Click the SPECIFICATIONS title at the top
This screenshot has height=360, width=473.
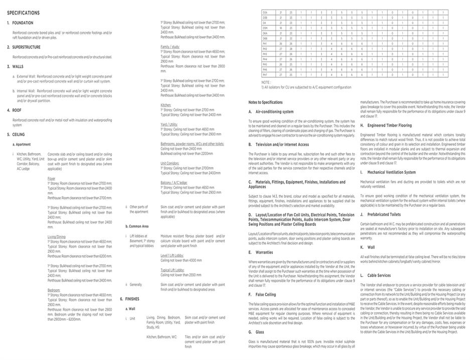(x=24, y=13)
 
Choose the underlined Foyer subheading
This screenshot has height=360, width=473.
(x=52, y=178)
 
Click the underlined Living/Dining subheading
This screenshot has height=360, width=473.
(x=57, y=236)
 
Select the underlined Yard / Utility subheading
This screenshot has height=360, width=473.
(x=169, y=124)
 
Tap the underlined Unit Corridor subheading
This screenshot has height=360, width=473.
(x=170, y=163)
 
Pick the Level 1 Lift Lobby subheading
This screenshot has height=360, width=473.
(x=172, y=255)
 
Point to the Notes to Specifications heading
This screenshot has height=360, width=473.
(x=265, y=102)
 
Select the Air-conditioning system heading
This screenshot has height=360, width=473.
(x=274, y=112)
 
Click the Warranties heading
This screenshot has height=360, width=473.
(x=264, y=252)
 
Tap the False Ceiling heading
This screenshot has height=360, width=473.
(x=266, y=295)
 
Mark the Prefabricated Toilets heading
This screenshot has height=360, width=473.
(x=384, y=214)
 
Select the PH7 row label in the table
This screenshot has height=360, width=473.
(x=264, y=74)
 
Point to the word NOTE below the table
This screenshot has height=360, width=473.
(x=266, y=82)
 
